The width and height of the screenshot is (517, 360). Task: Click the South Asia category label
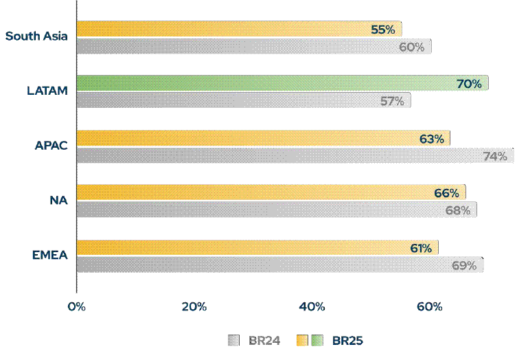(36, 36)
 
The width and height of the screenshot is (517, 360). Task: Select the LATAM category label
(47, 91)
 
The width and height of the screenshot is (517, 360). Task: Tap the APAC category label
(51, 146)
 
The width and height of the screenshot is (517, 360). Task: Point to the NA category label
(59, 201)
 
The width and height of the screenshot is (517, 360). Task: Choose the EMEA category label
(49, 256)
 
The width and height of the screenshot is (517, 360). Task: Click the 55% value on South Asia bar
(382, 30)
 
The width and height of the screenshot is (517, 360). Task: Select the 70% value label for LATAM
(469, 84)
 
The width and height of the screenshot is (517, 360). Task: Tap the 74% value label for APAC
(494, 156)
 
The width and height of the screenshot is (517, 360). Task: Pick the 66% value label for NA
(446, 193)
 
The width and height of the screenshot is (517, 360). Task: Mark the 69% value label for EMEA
(463, 265)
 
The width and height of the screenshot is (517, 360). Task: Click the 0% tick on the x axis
(76, 306)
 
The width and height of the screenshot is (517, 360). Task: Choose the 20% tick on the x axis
(194, 306)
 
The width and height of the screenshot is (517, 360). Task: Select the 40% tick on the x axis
(312, 306)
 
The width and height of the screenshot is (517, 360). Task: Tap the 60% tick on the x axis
(430, 306)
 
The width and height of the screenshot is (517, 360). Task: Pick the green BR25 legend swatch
(318, 340)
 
